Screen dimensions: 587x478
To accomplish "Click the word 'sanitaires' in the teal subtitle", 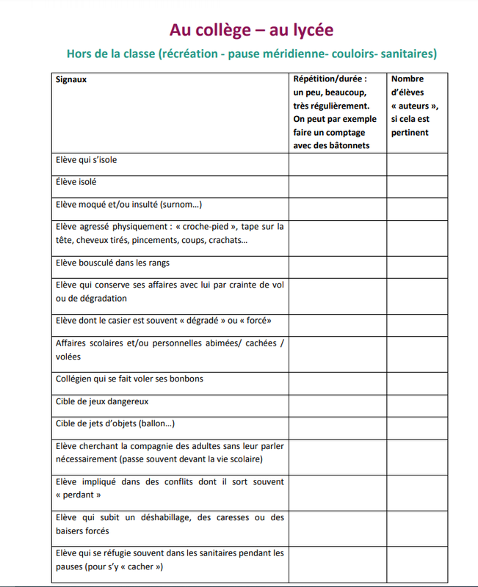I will [408, 54].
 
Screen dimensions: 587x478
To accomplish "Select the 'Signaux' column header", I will [71, 79].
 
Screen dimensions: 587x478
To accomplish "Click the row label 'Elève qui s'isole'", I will [86, 159].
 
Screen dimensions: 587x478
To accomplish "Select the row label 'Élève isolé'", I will [76, 181].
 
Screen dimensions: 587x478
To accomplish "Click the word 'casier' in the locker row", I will [137, 321].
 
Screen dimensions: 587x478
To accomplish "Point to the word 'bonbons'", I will [187, 379].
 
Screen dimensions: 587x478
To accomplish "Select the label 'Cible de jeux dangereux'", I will [102, 401].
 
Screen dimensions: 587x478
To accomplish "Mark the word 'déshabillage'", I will [163, 517].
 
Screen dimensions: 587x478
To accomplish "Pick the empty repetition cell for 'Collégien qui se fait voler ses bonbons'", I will [338, 379].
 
